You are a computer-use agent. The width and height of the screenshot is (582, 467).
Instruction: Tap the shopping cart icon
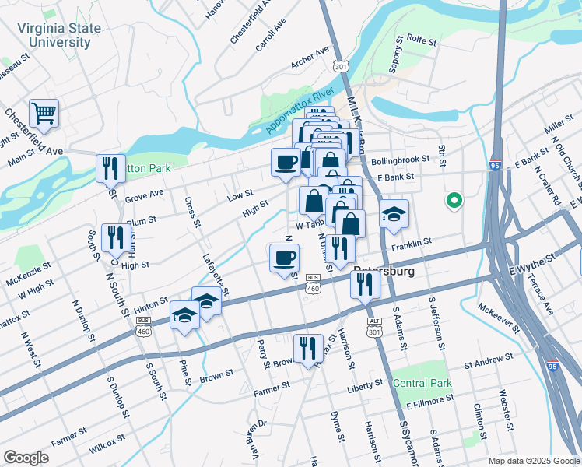44,114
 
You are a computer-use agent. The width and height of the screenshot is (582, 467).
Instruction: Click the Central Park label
422,383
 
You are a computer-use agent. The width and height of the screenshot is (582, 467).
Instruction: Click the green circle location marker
454,201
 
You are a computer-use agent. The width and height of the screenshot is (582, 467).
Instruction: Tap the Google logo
26,458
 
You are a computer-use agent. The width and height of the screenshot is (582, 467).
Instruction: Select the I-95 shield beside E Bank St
496,165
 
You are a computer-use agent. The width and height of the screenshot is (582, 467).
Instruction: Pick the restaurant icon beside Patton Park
110,168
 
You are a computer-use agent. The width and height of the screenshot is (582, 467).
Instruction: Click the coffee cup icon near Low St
286,162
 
